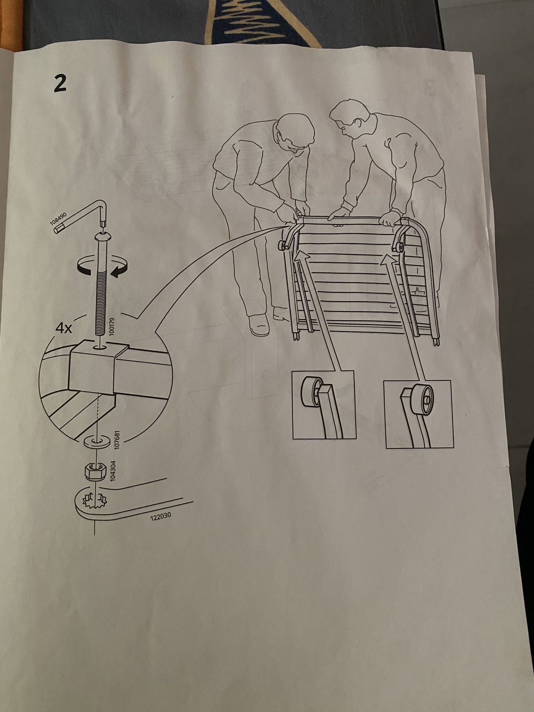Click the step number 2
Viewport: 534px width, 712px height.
point(60,83)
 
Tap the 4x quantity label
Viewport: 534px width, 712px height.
point(64,328)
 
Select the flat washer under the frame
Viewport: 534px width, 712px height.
point(96,440)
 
